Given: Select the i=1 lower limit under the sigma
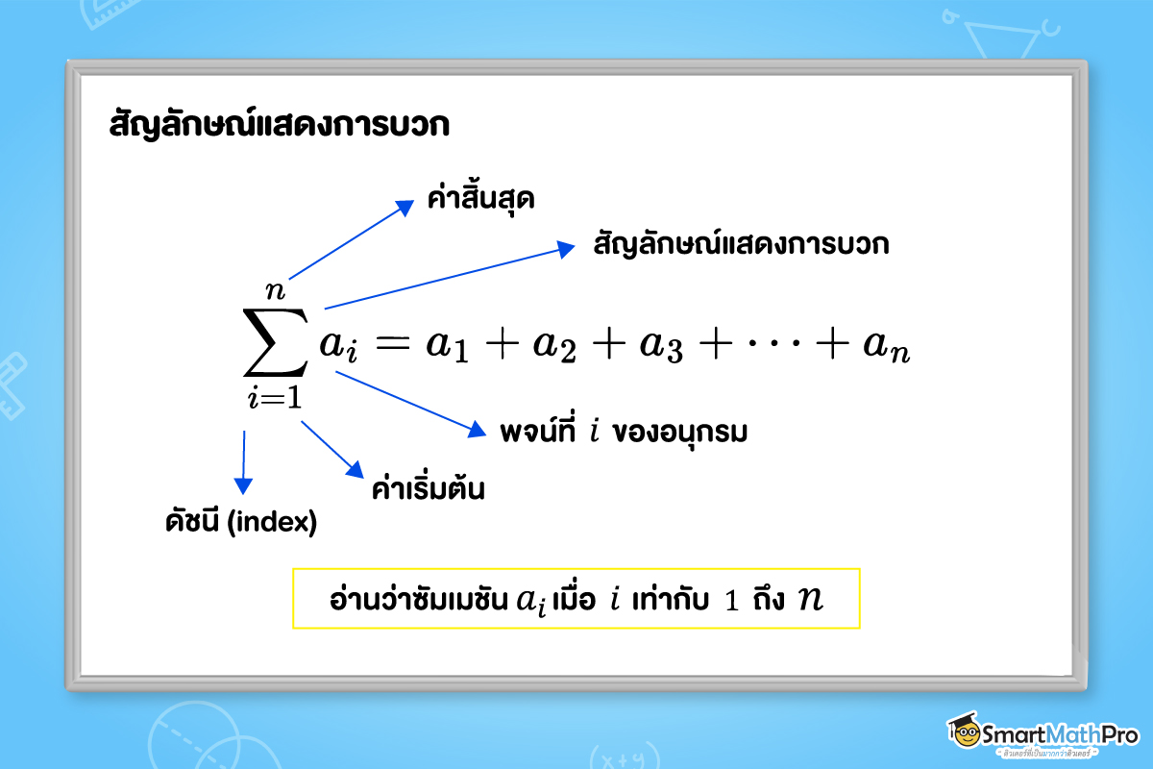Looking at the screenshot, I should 275,398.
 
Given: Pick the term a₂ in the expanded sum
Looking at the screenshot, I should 555,349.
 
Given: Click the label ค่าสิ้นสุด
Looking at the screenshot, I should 480,200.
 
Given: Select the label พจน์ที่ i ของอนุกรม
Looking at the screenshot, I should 624,432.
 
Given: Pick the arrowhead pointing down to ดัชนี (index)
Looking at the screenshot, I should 242,486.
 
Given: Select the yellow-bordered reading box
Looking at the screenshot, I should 576,599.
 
